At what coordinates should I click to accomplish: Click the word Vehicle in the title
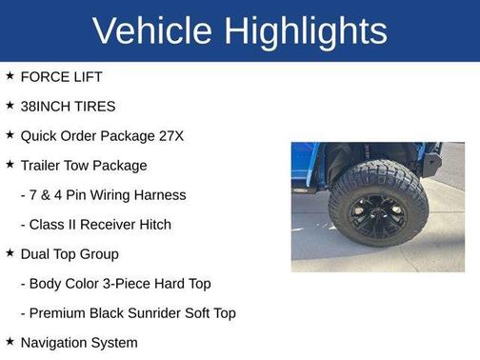[151, 30]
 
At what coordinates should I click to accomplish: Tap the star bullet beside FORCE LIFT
[10, 76]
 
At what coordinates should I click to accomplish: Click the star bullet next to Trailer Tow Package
[10, 165]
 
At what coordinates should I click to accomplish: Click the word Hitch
[152, 224]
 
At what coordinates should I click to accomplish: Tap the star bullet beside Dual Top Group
[10, 253]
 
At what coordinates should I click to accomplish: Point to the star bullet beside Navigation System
[10, 342]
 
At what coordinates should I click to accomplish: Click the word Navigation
[55, 342]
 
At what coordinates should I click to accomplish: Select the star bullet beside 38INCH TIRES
[10, 106]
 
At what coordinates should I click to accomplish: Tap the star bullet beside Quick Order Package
[10, 135]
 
